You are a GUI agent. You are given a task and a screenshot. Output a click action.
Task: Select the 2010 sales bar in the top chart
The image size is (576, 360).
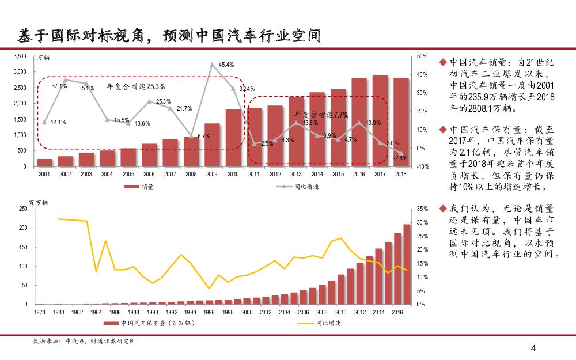tap(233, 138)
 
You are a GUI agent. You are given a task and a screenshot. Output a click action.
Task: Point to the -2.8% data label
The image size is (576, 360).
tap(401, 157)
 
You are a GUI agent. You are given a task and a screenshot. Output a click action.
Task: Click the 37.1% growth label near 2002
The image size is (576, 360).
tap(59, 86)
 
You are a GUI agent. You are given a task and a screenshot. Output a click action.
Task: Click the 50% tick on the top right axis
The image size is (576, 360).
tap(421, 56)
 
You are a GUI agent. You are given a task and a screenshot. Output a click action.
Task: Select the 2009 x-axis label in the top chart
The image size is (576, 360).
tap(212, 174)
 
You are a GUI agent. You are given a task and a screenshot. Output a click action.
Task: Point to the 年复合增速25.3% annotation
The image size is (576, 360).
tap(136, 86)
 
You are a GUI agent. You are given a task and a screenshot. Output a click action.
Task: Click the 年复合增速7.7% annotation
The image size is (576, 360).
tap(321, 115)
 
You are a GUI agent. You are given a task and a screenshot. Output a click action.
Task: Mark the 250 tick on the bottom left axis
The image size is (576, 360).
tap(23, 209)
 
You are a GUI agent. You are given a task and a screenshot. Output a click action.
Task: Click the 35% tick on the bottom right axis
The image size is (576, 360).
tap(422, 209)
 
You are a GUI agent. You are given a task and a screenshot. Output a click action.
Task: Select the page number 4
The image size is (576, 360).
tap(533, 348)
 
